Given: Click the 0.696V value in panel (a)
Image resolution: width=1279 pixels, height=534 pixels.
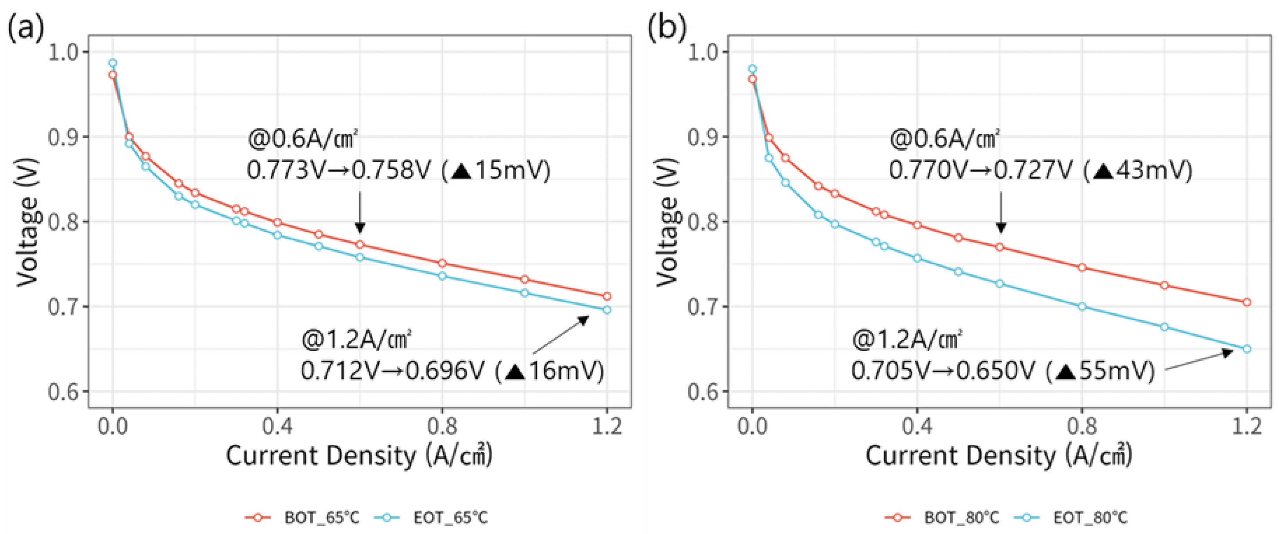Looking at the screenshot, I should tap(444, 371).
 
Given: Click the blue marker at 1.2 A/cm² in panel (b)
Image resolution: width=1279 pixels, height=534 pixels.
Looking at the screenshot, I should tap(1246, 349).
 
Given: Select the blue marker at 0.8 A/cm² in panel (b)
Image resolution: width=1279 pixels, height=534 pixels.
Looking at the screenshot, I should tap(1082, 307).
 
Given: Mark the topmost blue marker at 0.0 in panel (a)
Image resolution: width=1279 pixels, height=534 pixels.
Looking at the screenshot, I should tap(113, 63).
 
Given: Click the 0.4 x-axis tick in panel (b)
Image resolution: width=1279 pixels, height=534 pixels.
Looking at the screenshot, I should tap(917, 426).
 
